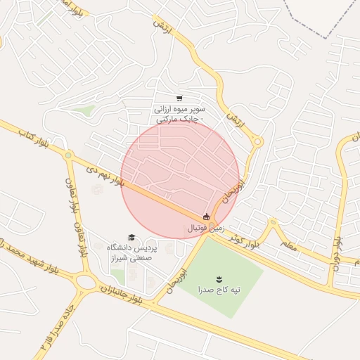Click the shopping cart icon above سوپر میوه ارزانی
[179, 98]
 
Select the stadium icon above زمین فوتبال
[206, 217]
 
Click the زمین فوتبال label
[205, 229]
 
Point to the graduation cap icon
[131, 237]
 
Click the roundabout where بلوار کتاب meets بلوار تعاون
[68, 155]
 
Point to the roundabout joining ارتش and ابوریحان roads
[257, 142]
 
